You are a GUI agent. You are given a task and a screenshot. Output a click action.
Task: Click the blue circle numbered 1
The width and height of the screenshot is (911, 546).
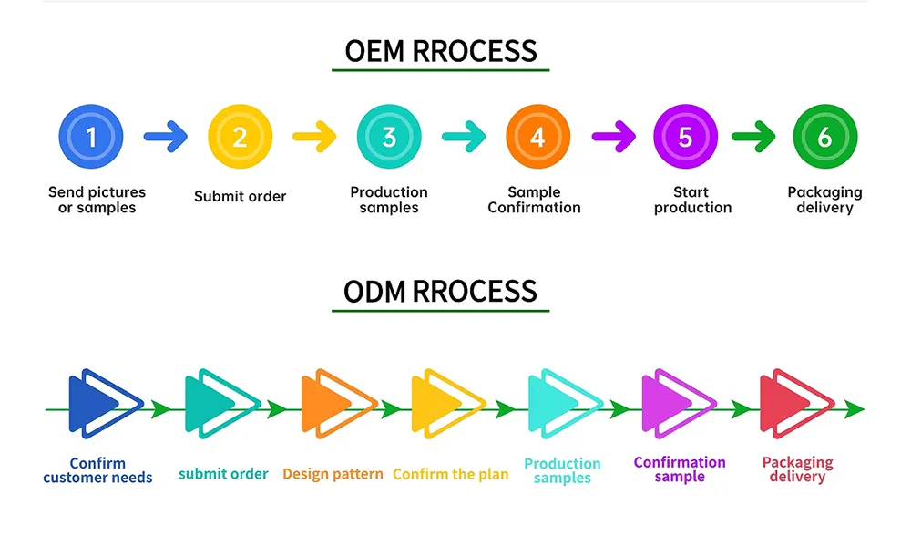tap(91, 138)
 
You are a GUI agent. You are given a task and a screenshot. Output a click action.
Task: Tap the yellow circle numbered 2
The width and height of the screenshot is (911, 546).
tap(240, 138)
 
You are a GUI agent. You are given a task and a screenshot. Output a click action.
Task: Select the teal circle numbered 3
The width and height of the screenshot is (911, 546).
tap(389, 138)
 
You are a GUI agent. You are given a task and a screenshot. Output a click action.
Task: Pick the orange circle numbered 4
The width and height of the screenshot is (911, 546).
tap(537, 138)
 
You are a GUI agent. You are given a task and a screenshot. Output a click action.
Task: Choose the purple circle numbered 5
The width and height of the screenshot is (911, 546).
tap(686, 138)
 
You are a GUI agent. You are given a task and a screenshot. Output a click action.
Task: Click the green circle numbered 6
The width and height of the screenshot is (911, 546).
tap(824, 138)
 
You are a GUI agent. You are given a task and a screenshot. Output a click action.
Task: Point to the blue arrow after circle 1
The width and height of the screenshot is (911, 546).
tap(165, 138)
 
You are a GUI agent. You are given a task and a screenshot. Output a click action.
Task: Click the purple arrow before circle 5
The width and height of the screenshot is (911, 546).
tap(613, 138)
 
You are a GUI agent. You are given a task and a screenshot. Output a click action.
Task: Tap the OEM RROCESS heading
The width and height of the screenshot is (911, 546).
tap(441, 51)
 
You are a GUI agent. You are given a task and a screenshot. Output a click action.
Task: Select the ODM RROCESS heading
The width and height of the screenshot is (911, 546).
tap(441, 292)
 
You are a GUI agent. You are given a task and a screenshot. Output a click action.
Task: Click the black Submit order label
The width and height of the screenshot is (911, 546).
tap(240, 196)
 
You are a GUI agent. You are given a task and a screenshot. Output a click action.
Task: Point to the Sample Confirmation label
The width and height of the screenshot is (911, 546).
tap(534, 200)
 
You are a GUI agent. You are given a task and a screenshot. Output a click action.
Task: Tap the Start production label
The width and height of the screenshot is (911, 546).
tap(692, 200)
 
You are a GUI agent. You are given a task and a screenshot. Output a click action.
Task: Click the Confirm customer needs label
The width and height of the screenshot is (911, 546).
tap(97, 470)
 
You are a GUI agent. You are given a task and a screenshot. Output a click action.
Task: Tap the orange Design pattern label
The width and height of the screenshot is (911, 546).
tap(333, 474)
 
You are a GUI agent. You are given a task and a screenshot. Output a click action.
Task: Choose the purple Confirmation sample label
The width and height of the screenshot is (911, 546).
tap(680, 469)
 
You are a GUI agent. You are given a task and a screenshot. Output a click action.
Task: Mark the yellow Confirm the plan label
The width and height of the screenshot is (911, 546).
tap(450, 474)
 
